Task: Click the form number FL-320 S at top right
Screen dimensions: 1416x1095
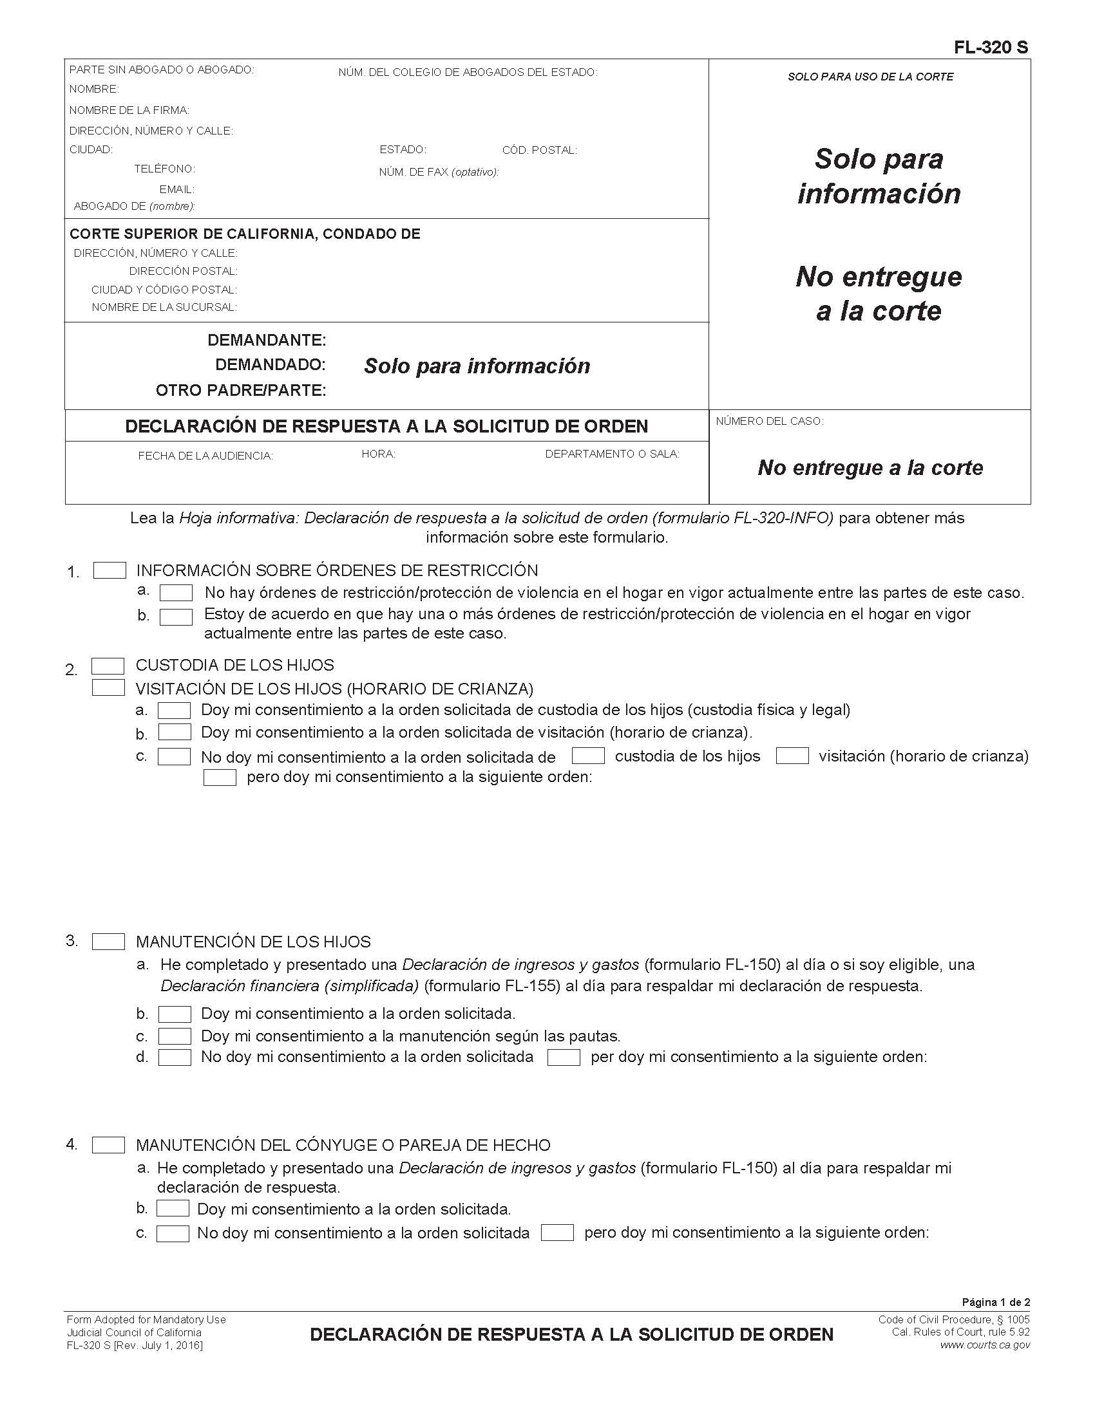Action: (x=991, y=48)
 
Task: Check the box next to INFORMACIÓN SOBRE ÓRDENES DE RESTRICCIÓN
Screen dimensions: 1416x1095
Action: (x=110, y=570)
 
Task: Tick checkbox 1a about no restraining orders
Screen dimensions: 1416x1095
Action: (x=176, y=593)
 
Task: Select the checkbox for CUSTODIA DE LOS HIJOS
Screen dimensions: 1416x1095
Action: (x=108, y=666)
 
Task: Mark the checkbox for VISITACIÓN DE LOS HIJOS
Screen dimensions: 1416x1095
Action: (x=108, y=688)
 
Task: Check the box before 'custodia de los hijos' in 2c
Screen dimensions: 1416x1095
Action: (x=587, y=756)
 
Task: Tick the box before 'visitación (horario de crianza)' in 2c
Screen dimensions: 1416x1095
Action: (x=792, y=756)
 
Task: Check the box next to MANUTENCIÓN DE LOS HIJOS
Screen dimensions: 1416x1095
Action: (x=108, y=942)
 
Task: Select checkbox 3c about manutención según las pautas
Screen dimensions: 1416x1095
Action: (x=175, y=1036)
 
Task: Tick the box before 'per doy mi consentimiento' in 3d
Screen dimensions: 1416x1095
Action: (x=564, y=1057)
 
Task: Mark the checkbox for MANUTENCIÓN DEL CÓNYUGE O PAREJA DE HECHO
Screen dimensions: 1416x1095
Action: (x=108, y=1145)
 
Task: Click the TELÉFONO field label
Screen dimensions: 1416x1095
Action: (x=164, y=169)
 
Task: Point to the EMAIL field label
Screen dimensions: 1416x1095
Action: (x=176, y=189)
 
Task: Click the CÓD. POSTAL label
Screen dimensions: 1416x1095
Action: (x=539, y=151)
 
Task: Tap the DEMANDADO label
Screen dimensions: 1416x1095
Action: (x=270, y=364)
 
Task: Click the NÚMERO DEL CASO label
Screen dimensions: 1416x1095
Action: (x=769, y=422)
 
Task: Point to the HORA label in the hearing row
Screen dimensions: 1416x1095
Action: (x=378, y=454)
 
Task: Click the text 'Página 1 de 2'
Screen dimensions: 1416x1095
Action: (x=996, y=1302)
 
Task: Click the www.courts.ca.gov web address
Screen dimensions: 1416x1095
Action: (x=985, y=1345)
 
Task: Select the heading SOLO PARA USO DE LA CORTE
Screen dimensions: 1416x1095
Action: (x=870, y=77)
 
